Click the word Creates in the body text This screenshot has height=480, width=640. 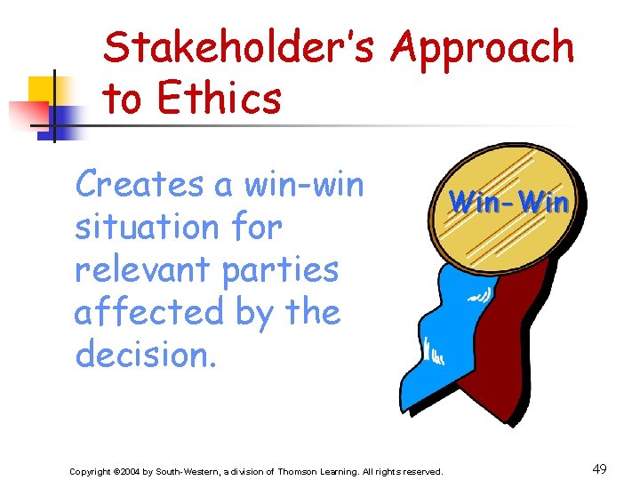coord(139,185)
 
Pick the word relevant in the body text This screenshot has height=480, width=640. coord(144,269)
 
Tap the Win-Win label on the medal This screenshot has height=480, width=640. coord(508,203)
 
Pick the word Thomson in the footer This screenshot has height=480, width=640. coord(299,471)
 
